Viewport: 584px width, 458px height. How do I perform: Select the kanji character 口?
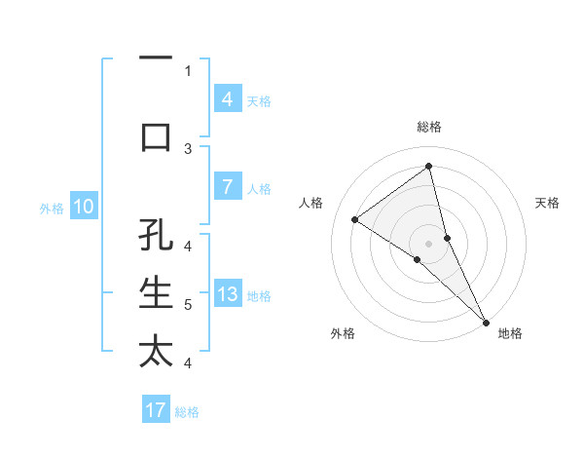click(x=156, y=137)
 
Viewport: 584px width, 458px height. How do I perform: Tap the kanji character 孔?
click(x=156, y=235)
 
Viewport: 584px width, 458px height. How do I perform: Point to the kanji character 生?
click(x=156, y=293)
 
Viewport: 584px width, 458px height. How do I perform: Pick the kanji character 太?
click(x=156, y=352)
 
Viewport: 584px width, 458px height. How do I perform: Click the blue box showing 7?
click(x=227, y=187)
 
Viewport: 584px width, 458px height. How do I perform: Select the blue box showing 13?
click(x=227, y=295)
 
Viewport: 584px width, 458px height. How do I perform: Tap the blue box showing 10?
click(x=83, y=207)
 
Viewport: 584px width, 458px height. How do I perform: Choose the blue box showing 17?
click(x=156, y=410)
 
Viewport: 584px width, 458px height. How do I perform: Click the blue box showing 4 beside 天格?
click(x=227, y=99)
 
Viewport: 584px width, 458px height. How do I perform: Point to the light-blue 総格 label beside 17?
click(x=187, y=412)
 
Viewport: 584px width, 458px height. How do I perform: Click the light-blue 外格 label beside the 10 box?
click(x=52, y=208)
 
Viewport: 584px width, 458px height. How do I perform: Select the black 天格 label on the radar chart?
click(x=548, y=203)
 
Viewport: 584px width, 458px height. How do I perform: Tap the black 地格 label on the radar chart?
click(x=510, y=333)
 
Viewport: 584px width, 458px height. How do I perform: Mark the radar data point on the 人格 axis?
click(x=354, y=219)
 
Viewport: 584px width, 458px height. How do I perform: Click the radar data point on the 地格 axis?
click(x=485, y=321)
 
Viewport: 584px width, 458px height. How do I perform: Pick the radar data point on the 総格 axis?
click(x=428, y=166)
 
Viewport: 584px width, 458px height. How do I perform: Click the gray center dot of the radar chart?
click(x=428, y=243)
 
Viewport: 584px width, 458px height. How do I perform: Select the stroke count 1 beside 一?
click(x=188, y=70)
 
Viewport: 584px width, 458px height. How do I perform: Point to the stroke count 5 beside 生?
click(x=188, y=304)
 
